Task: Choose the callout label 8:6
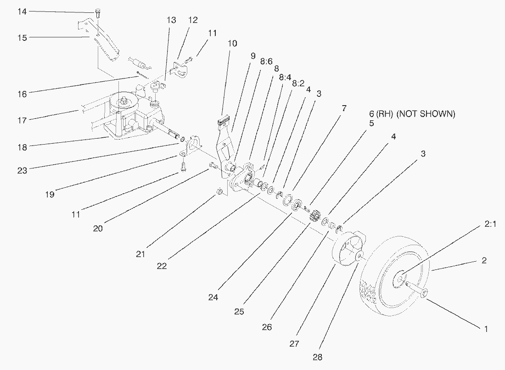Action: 266,61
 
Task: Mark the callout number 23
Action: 22,170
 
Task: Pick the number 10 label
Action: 232,43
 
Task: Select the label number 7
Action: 343,108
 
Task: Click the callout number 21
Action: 140,253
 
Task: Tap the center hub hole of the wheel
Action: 399,278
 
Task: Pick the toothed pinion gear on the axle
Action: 315,215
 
